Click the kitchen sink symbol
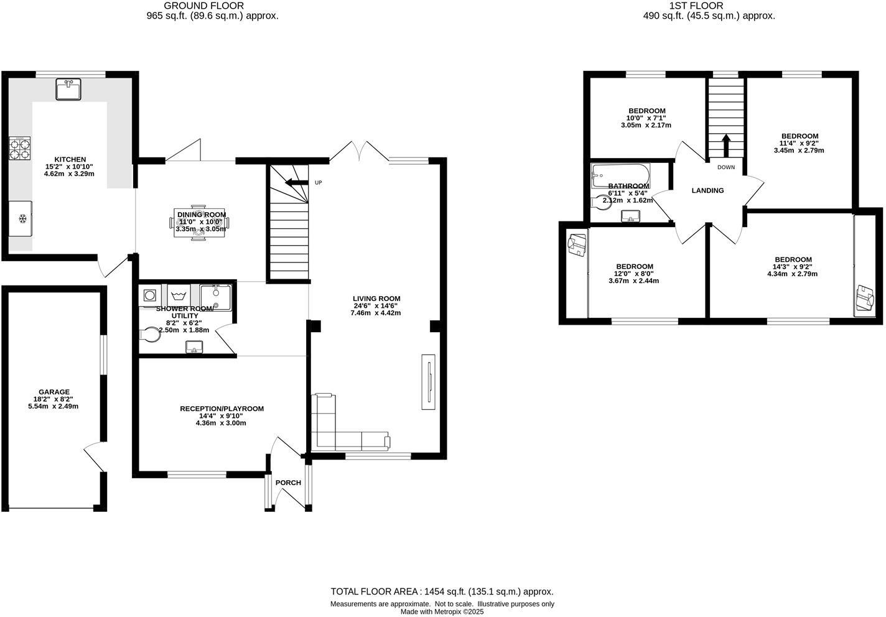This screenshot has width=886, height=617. pyautogui.click(x=70, y=90)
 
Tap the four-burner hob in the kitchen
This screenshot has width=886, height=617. pyautogui.click(x=19, y=149)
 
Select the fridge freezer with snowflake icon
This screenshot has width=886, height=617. pyautogui.click(x=21, y=218)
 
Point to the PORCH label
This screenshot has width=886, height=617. pyautogui.click(x=288, y=483)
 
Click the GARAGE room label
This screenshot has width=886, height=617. pyautogui.click(x=54, y=392)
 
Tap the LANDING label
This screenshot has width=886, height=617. pyautogui.click(x=707, y=190)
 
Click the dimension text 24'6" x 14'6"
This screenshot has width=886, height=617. pyautogui.click(x=376, y=306)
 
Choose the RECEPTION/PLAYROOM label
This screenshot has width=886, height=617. pyautogui.click(x=222, y=409)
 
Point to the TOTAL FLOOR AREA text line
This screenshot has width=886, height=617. pyautogui.click(x=442, y=592)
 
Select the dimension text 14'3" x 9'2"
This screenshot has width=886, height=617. pyautogui.click(x=793, y=267)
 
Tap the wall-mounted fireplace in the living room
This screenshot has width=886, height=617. pyautogui.click(x=428, y=381)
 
